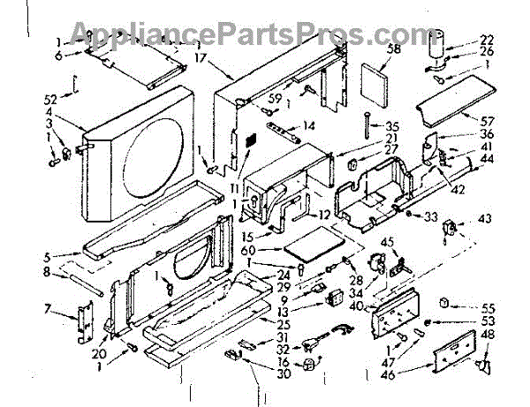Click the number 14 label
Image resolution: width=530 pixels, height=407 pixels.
(308, 125)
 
